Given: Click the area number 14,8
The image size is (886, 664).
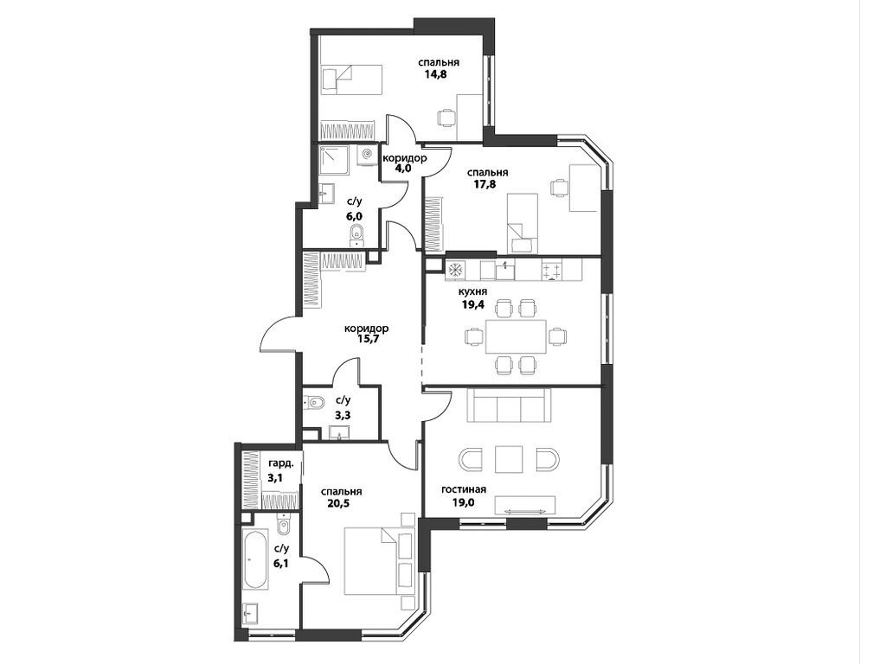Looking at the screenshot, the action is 436,74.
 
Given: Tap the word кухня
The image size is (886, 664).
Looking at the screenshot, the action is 473,291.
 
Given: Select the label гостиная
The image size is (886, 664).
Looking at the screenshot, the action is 464,489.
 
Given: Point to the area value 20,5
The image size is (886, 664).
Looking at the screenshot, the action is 338,503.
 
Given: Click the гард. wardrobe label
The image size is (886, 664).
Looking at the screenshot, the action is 281,464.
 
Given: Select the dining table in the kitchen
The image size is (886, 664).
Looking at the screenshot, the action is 516,336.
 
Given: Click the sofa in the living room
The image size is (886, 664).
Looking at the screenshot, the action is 509,405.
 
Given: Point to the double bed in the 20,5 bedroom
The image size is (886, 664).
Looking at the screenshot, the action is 372,560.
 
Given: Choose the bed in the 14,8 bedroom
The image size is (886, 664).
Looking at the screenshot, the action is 351,80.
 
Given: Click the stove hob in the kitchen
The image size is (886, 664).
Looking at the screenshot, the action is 553,270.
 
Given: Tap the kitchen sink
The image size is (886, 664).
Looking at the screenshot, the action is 504,271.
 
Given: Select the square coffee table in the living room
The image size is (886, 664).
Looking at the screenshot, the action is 509,459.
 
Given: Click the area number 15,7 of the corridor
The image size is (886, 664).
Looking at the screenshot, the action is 367,339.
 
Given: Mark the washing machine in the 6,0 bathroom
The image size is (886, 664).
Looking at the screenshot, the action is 368,156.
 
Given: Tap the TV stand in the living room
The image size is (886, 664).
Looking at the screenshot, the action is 525,505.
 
